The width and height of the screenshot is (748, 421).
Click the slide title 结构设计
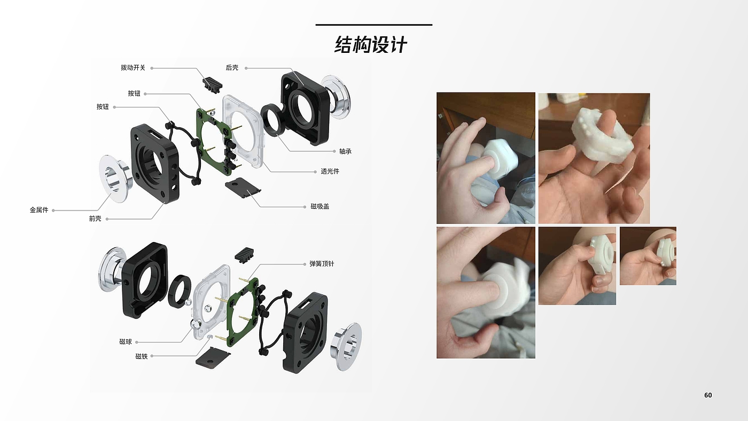[x=371, y=45]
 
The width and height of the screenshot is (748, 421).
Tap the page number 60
[x=708, y=395]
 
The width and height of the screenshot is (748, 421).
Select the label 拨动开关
[x=133, y=68]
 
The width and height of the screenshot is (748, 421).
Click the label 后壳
[x=232, y=68]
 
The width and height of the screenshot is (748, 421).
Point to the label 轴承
[x=345, y=152]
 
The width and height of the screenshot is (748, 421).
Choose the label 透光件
[x=330, y=171]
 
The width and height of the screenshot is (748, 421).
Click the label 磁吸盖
[x=320, y=207]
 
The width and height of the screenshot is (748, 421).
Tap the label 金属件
[x=39, y=210]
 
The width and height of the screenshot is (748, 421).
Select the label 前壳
[x=95, y=219]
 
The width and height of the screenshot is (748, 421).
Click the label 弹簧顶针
[x=322, y=264]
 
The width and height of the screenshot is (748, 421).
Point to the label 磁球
[x=126, y=342]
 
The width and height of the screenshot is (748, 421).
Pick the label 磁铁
[x=142, y=356]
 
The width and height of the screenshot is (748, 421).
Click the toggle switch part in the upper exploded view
[x=213, y=84]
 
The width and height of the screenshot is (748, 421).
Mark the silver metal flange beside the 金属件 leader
[x=115, y=178]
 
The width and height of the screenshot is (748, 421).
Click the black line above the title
[x=374, y=25]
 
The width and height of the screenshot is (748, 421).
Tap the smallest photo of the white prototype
[x=648, y=256]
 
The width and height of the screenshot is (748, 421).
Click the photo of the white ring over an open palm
[x=594, y=159]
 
